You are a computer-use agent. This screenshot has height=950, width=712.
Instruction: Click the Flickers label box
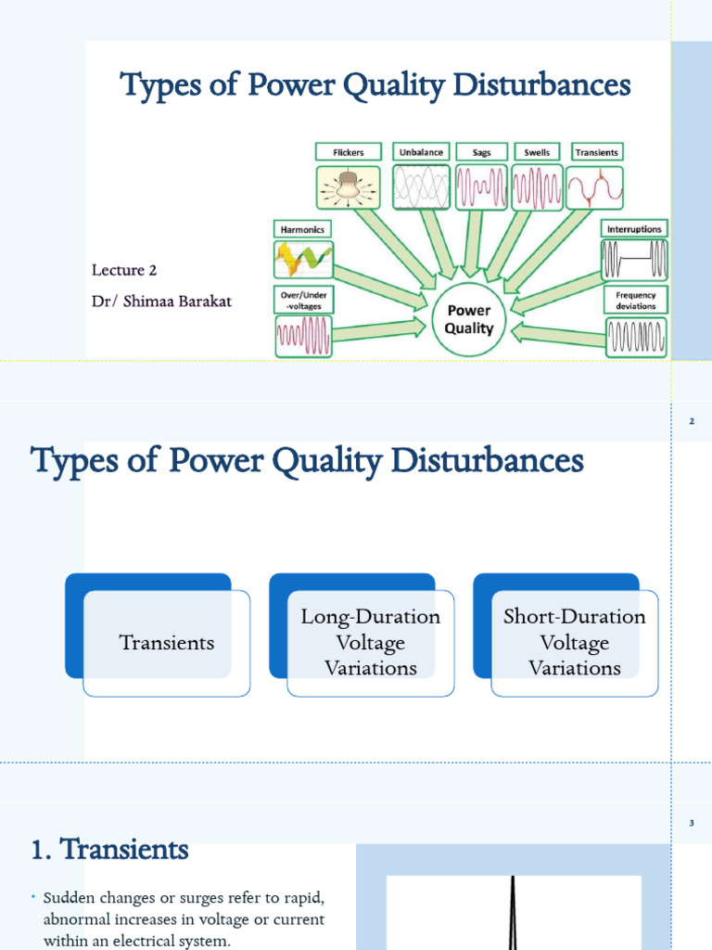click(344, 152)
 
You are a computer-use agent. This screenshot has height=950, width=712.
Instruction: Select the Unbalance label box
click(422, 152)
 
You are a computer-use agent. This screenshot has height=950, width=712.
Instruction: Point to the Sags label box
click(480, 152)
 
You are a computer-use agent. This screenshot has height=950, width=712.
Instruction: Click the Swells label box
click(537, 152)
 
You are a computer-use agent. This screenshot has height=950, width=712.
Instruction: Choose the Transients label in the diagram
click(596, 152)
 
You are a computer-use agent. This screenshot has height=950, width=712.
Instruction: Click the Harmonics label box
click(300, 228)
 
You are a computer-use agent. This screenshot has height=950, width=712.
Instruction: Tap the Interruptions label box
click(635, 228)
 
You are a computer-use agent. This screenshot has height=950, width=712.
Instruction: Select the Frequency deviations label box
click(635, 301)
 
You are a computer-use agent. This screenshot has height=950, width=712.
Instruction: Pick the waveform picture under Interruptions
click(635, 260)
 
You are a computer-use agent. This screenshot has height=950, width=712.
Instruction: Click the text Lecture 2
click(124, 270)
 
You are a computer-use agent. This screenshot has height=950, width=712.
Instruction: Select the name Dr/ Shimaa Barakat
click(158, 302)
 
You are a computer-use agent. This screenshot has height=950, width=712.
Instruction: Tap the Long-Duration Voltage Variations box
click(371, 643)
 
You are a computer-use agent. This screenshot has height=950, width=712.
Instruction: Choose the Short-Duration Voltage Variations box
click(575, 643)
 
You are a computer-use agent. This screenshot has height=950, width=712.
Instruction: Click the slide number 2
click(692, 422)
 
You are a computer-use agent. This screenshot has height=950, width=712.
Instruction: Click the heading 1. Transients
click(109, 849)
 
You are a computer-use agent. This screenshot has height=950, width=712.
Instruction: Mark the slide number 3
click(692, 823)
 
